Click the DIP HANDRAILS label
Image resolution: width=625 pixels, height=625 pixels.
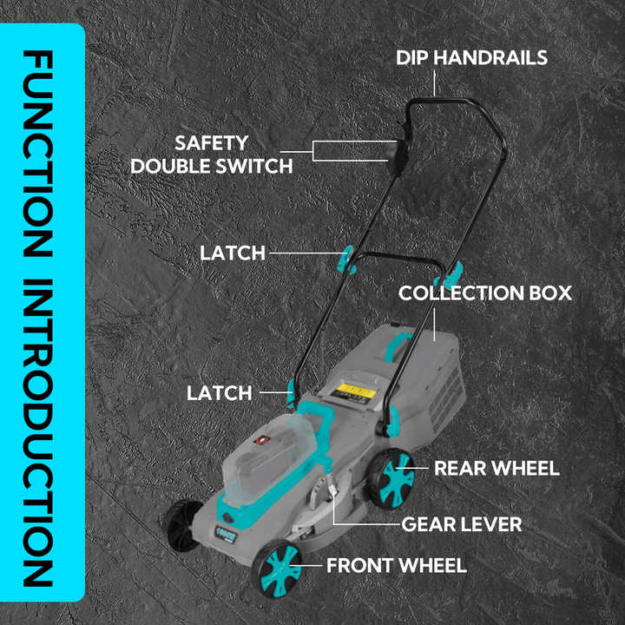[x=471, y=58]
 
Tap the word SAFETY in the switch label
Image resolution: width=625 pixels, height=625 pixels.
[x=211, y=143]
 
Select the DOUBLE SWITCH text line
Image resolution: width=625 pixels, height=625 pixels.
[x=212, y=166]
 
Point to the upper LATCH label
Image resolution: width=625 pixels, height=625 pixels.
[x=233, y=253]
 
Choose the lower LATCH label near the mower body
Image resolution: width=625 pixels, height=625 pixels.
[x=220, y=393]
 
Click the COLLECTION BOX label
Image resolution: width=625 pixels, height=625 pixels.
[x=485, y=293]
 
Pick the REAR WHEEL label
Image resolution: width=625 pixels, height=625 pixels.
[x=497, y=469]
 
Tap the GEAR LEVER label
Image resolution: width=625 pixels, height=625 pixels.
[x=462, y=524]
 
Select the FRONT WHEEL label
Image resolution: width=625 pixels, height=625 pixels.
[x=397, y=566]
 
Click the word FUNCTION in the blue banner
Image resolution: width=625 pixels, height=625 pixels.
[x=38, y=154]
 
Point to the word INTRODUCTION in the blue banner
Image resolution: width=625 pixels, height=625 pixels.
[x=38, y=433]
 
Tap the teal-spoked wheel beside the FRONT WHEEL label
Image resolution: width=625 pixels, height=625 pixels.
[x=278, y=569]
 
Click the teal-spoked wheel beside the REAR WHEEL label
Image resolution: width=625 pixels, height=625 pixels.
[x=391, y=478]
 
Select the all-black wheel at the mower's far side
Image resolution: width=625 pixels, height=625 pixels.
[x=181, y=525]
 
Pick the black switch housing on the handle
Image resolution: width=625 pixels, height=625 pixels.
[x=399, y=155]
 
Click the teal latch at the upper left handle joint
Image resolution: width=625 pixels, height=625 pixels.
[x=346, y=260]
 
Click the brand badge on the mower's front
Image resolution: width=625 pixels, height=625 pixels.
[x=226, y=534]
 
